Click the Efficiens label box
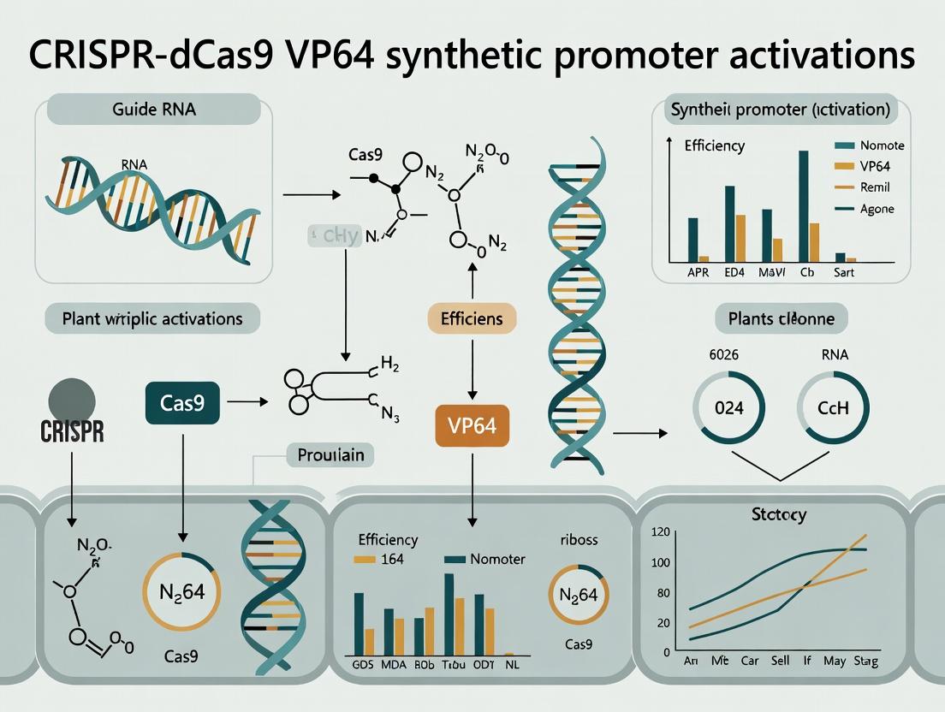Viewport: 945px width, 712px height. (x=472, y=319)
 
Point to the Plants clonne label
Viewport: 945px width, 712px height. (x=781, y=319)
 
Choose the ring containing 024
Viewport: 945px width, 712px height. (x=728, y=408)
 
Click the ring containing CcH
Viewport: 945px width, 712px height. (x=832, y=408)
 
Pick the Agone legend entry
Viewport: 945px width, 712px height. (x=877, y=208)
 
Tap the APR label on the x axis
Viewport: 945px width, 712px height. (x=698, y=273)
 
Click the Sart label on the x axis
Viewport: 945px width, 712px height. (x=843, y=273)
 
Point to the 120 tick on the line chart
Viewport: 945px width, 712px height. (x=660, y=532)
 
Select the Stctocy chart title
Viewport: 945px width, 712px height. (x=779, y=515)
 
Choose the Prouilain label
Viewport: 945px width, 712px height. (x=330, y=454)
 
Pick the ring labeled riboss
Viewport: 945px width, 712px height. (x=578, y=594)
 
